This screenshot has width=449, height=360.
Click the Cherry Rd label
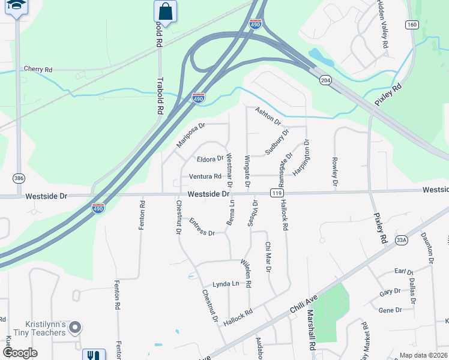[38, 70]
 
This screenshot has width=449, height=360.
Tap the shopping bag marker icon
[164, 11]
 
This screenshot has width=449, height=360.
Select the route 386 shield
[19, 178]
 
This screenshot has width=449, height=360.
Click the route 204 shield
[325, 80]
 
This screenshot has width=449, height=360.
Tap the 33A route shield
[402, 241]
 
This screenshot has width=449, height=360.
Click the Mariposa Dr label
[191, 136]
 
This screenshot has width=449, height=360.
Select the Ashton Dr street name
[268, 116]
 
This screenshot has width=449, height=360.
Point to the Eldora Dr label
[210, 159]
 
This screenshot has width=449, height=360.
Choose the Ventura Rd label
[205, 176]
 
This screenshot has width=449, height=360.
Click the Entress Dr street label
[202, 228]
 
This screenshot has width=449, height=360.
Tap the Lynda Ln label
[226, 284]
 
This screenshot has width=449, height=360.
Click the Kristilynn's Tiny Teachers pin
[75, 328]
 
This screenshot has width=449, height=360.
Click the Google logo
[20, 353]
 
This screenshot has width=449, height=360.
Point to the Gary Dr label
[390, 292]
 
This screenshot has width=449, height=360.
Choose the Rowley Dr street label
[334, 172]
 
